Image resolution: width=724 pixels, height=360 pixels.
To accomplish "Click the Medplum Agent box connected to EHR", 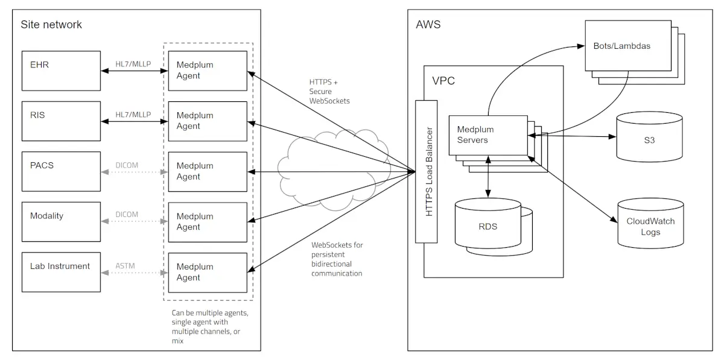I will click(208, 71).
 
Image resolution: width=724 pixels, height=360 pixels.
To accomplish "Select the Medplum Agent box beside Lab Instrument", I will click(208, 273).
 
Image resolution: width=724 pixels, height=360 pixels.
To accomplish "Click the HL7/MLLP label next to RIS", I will click(133, 115).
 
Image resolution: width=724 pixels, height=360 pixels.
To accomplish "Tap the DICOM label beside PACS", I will click(127, 165).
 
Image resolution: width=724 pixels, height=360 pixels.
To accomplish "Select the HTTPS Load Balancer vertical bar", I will click(427, 171).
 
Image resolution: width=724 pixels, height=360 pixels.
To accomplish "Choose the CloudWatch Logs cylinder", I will click(650, 226).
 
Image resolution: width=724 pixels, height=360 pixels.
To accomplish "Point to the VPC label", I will click(443, 81).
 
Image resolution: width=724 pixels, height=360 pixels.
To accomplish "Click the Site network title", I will click(51, 25).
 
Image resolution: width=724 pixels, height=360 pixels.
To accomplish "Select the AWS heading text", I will click(428, 25).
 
